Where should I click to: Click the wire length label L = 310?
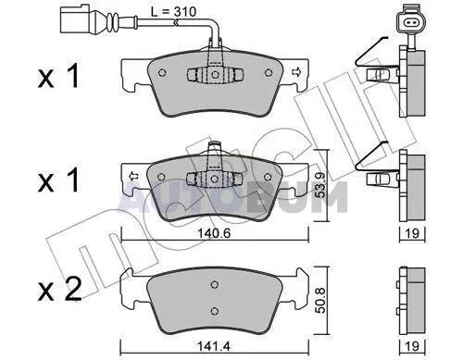173,12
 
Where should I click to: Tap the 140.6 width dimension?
214,233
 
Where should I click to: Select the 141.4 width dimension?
214,347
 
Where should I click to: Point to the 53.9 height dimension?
321,185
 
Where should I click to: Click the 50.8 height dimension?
321,301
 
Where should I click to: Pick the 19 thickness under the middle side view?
412,233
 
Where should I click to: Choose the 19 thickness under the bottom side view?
412,347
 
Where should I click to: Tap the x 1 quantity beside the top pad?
58,77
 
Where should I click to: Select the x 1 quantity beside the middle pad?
58,181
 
